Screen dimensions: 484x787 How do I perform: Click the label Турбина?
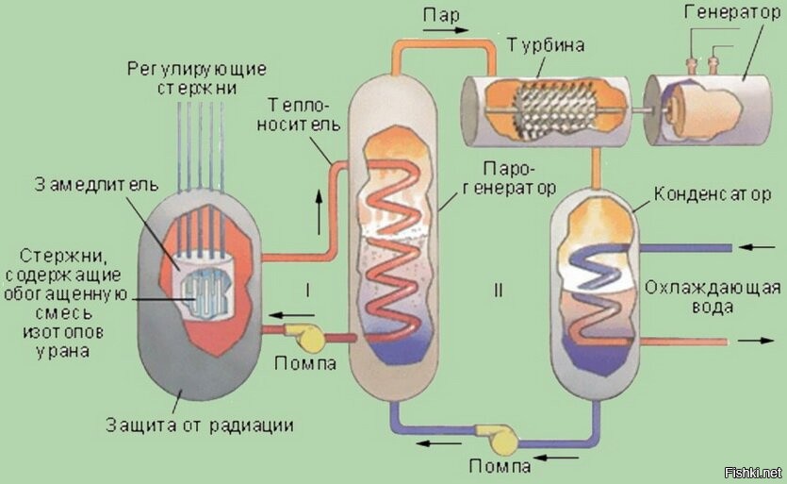pyautogui.click(x=545, y=45)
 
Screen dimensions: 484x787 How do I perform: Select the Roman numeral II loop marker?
pyautogui.click(x=497, y=290)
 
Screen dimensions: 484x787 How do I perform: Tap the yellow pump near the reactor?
pyautogui.click(x=308, y=336)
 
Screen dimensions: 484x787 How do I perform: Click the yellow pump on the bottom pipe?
pyautogui.click(x=494, y=437)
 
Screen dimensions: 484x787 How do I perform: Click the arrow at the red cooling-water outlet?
pyautogui.click(x=754, y=340)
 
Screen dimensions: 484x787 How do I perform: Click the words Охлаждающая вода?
pyautogui.click(x=712, y=298)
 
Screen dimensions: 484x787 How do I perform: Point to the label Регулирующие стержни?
pyautogui.click(x=197, y=78)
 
